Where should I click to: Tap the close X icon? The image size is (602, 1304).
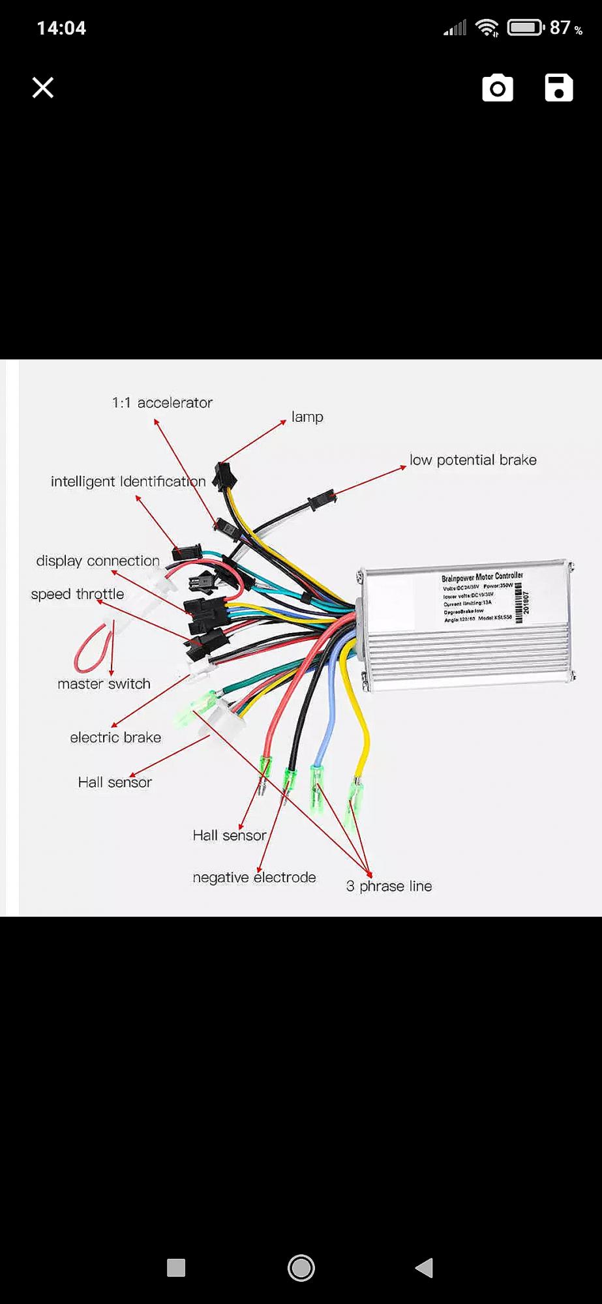(43, 87)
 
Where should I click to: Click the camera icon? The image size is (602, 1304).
(498, 88)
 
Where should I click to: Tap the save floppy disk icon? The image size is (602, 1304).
(559, 87)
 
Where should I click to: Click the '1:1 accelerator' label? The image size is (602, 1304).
(162, 403)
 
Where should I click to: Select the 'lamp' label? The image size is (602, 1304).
(307, 417)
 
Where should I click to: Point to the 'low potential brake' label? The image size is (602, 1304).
(473, 460)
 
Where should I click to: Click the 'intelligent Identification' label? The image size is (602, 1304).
(128, 482)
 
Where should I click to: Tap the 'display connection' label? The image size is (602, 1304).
(98, 561)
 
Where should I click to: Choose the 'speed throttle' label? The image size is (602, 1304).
(78, 595)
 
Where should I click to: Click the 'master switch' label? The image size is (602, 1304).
(104, 684)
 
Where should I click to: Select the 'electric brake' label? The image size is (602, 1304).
(115, 737)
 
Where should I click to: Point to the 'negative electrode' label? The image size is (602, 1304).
(254, 878)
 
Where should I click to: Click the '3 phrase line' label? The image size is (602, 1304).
(389, 886)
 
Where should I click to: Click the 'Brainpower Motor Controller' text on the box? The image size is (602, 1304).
(482, 577)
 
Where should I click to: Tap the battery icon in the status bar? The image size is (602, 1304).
(525, 28)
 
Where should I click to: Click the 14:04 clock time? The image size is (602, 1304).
(61, 28)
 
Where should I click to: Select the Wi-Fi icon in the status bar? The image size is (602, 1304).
(487, 28)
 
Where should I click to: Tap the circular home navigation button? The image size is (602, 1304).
(301, 1268)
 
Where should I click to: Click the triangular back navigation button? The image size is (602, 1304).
(425, 1268)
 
